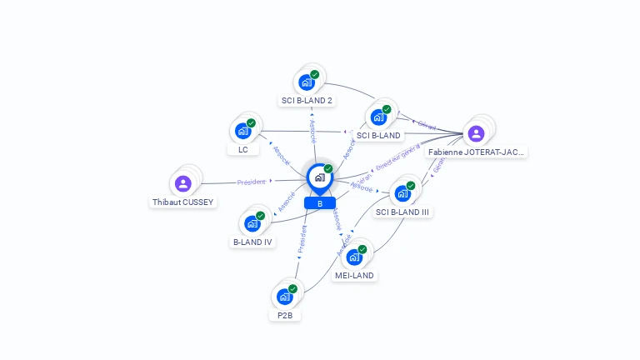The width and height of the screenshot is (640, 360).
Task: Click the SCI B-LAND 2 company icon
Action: tap(307, 82)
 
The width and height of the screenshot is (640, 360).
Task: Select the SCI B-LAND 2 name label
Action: tap(307, 101)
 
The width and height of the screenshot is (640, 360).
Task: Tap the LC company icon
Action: tap(243, 131)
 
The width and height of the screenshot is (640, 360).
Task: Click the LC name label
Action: tap(242, 150)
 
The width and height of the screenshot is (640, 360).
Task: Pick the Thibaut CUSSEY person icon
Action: tap(183, 183)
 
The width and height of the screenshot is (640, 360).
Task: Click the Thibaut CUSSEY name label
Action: tap(183, 202)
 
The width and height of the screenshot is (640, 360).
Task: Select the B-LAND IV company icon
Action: tap(252, 223)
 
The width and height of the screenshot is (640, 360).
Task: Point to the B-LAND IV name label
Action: tap(252, 242)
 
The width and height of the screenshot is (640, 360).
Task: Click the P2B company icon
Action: tap(285, 297)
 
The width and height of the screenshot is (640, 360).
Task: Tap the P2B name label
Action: tap(284, 316)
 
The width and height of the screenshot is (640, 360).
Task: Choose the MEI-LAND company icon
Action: tap(354, 257)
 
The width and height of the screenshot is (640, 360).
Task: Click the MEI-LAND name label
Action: tap(355, 275)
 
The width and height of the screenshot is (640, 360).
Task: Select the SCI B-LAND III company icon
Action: tap(402, 193)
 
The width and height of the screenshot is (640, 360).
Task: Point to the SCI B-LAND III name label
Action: tap(402, 212)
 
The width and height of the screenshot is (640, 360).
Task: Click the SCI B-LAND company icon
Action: tap(378, 117)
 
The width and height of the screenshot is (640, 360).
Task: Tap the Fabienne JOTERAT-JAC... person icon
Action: tap(476, 133)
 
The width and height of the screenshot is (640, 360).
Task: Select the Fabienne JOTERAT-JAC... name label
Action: tap(476, 152)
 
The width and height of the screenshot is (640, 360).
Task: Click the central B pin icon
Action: tap(319, 177)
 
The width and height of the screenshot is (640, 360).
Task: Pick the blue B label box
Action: tap(320, 203)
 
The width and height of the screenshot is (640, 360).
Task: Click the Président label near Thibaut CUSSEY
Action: tap(251, 182)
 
